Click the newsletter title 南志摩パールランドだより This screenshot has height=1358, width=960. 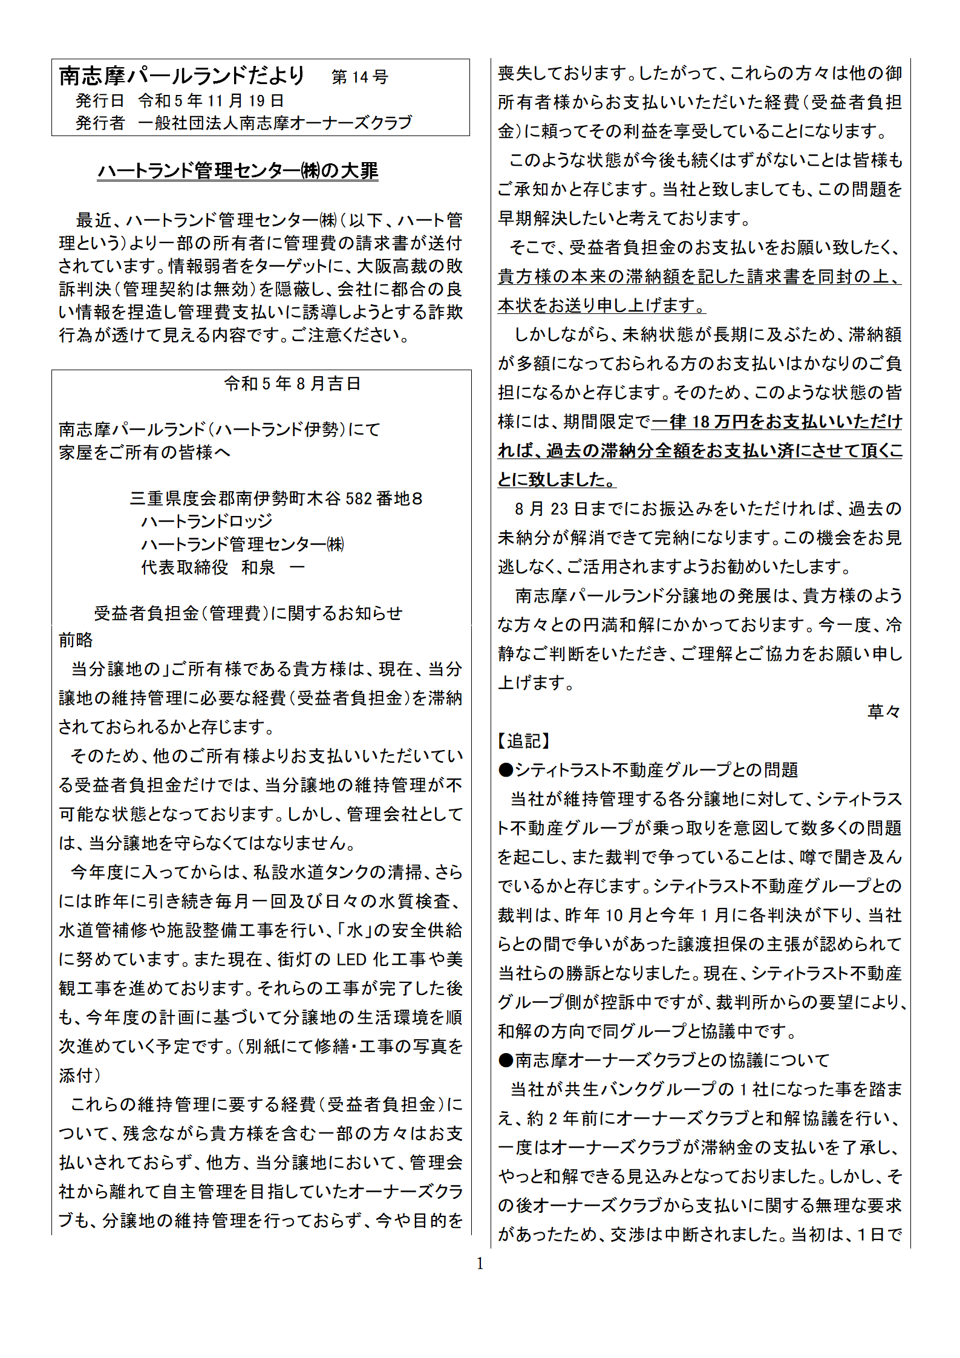pyautogui.click(x=181, y=76)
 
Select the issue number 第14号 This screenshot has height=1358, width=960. pyautogui.click(x=359, y=77)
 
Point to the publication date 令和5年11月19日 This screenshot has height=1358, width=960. pyautogui.click(x=211, y=100)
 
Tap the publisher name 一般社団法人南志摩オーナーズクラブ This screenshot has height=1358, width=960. pyautogui.click(x=275, y=123)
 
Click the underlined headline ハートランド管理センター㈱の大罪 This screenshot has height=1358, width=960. pyautogui.click(x=238, y=171)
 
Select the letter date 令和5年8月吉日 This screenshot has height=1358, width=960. pyautogui.click(x=292, y=384)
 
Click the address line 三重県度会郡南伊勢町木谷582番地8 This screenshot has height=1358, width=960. pyautogui.click(x=276, y=498)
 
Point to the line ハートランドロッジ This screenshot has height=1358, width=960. pyautogui.click(x=206, y=521)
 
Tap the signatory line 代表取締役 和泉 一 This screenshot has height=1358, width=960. pyautogui.click(x=222, y=567)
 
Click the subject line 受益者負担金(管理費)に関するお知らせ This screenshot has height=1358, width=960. pyautogui.click(x=248, y=613)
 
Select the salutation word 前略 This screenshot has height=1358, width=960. pyautogui.click(x=76, y=640)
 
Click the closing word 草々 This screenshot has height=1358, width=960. pyautogui.click(x=883, y=711)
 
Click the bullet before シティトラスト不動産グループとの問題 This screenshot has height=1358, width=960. pyautogui.click(x=506, y=770)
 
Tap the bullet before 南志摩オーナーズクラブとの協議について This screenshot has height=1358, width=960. pyautogui.click(x=506, y=1060)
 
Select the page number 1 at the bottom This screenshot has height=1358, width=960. pyautogui.click(x=480, y=1264)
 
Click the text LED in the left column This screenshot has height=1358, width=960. pyautogui.click(x=351, y=959)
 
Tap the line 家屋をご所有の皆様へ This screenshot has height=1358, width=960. pyautogui.click(x=145, y=452)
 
